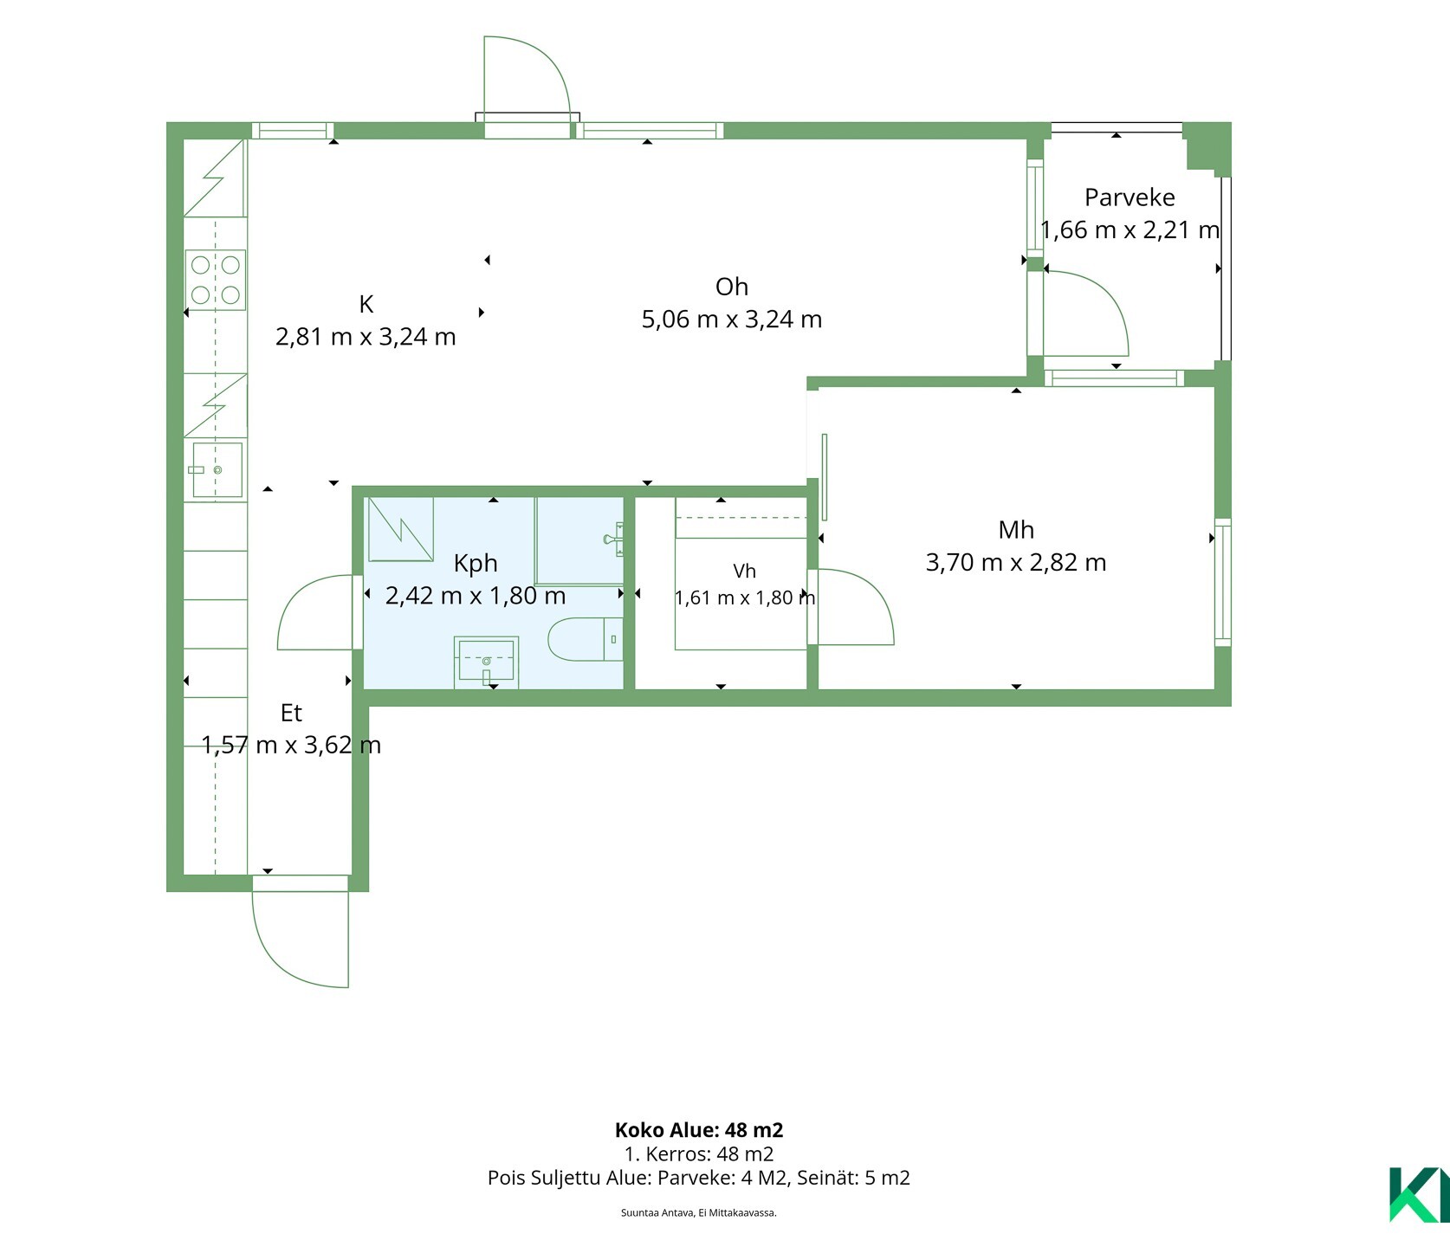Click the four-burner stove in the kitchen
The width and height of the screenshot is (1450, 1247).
(215, 280)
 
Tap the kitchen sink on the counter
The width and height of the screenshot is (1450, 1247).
(217, 469)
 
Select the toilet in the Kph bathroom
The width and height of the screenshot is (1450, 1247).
(586, 640)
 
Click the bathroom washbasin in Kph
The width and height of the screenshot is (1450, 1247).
(486, 662)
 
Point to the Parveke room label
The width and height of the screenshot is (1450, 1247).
(1130, 197)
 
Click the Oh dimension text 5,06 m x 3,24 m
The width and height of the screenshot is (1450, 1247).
(732, 320)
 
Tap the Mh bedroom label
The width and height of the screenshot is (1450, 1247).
(1016, 529)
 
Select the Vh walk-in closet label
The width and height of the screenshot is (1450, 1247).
(744, 571)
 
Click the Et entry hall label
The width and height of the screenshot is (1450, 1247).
(291, 713)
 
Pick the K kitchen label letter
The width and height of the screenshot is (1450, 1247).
(366, 304)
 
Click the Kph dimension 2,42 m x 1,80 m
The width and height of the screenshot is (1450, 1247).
(476, 596)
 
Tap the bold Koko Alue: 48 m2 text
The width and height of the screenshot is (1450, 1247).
(699, 1129)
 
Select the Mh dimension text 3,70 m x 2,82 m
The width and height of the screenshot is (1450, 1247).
(1016, 563)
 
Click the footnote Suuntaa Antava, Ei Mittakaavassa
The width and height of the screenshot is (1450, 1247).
(699, 1213)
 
